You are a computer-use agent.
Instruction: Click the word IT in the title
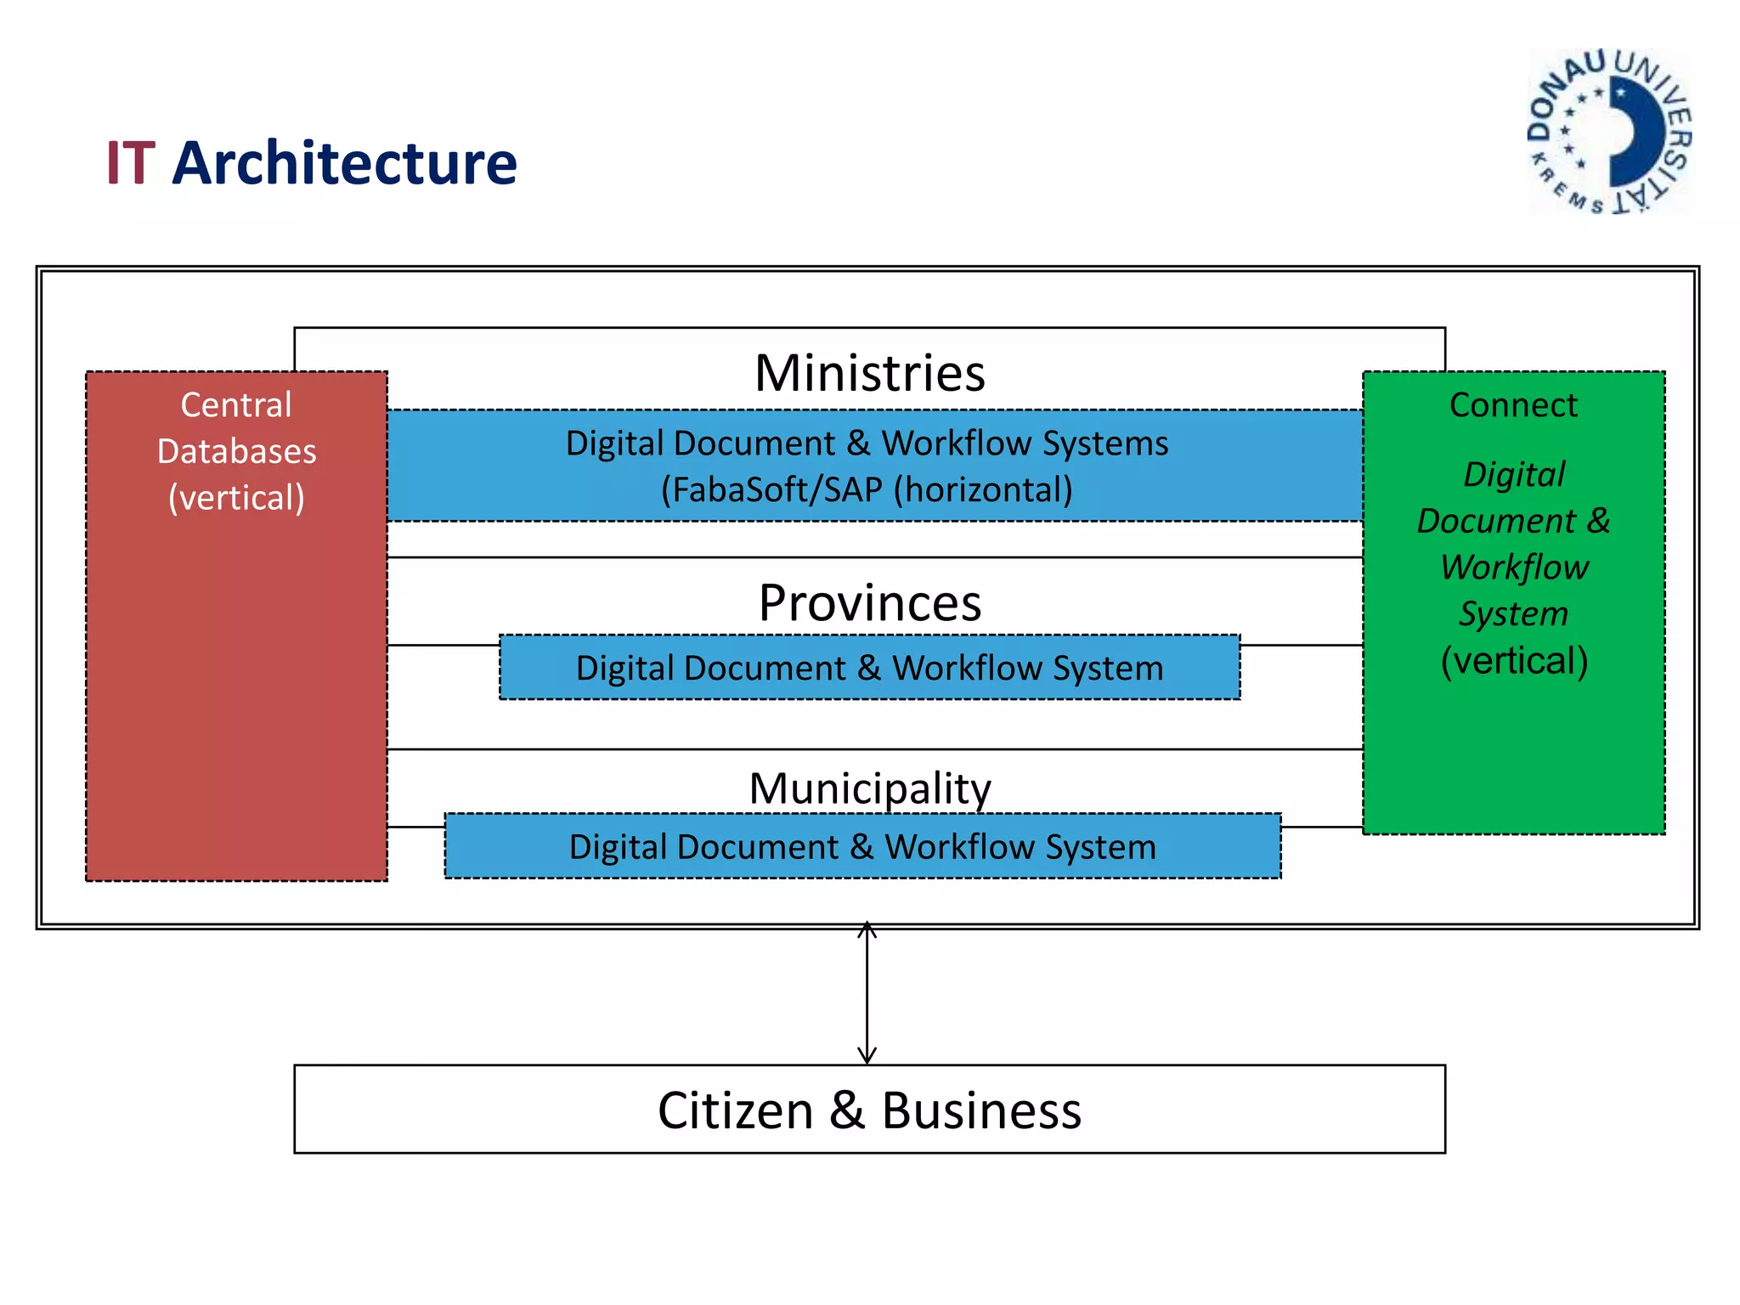(x=130, y=163)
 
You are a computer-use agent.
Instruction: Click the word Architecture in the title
(x=344, y=163)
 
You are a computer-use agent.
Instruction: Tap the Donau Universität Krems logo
(x=1609, y=132)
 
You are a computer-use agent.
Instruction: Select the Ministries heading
(x=869, y=373)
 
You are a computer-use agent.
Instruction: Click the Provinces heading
(x=869, y=603)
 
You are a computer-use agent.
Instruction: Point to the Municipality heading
(x=869, y=788)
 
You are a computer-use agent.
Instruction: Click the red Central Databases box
(x=236, y=680)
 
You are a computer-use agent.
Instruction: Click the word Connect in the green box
(x=1513, y=405)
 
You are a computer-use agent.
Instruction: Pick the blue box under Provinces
(x=869, y=668)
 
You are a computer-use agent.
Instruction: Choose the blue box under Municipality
(x=862, y=847)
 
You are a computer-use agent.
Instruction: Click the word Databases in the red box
(x=236, y=451)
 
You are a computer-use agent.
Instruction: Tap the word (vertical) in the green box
(x=1514, y=661)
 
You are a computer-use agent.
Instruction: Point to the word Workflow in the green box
(x=1514, y=568)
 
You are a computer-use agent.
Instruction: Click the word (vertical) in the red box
(x=236, y=498)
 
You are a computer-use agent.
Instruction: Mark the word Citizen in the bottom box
(x=736, y=1110)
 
